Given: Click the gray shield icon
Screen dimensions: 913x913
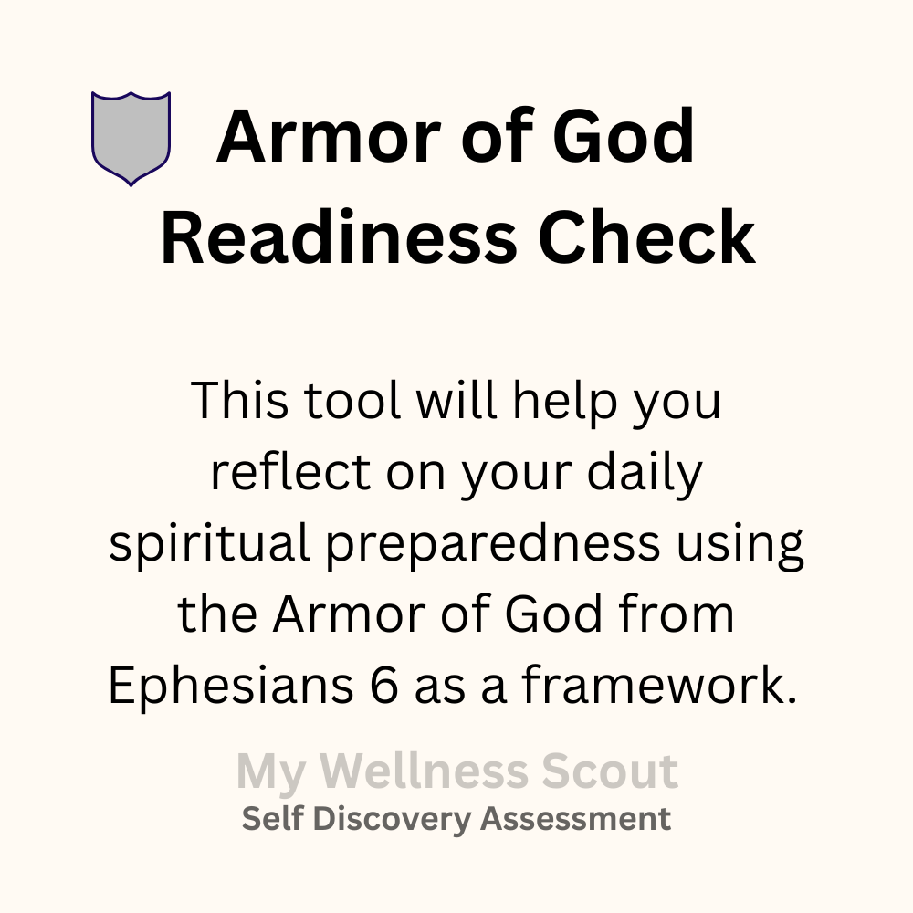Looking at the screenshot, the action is (x=131, y=139).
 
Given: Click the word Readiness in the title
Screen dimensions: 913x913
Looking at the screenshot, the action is (x=339, y=237).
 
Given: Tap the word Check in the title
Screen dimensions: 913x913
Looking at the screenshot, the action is (x=647, y=237).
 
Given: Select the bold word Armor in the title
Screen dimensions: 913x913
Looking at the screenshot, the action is (x=328, y=136).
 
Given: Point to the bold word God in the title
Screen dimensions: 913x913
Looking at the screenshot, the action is (x=623, y=136).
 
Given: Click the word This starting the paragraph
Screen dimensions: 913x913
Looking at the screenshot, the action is (x=239, y=400).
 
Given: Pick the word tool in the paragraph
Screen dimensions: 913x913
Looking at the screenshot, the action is (x=352, y=400).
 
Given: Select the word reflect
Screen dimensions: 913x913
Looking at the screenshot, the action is (x=290, y=471).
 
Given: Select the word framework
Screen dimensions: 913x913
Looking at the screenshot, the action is (x=659, y=684).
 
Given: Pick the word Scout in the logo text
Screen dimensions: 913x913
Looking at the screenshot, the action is (x=610, y=771).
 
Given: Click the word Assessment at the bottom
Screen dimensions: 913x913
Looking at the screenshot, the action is (x=576, y=818).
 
